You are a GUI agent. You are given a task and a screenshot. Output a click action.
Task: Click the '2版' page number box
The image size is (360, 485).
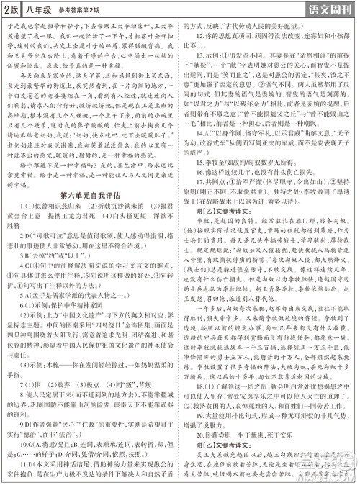(10, 9)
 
